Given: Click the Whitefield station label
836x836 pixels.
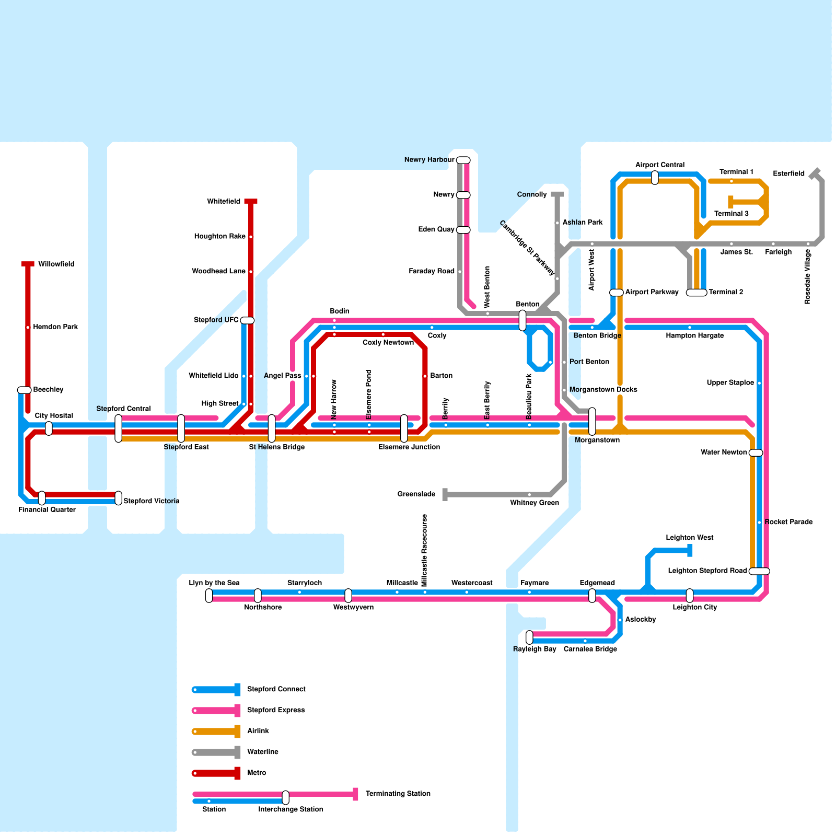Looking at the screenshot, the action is coord(223,202).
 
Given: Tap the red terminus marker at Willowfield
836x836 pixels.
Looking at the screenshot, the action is coord(28,264).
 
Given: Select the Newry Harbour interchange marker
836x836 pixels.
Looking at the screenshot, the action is coord(463,160).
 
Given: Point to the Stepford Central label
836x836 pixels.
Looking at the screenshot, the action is coord(123,409).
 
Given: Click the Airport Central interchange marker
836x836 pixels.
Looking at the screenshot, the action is coord(655,178).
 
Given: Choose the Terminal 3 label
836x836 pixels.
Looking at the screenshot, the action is coord(731,214).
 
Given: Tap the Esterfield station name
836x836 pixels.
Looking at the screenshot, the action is coord(788,173).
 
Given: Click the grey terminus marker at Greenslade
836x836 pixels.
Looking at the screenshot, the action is coord(445,494).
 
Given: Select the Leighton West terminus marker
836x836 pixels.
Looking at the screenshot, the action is coord(690,550).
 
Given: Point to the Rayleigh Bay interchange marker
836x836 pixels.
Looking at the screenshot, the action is coord(529,637).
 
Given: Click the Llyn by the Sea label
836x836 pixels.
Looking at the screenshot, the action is coord(214,583).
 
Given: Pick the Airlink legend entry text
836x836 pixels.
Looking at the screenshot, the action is coord(258,731).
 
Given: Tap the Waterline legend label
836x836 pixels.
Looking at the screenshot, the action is coord(262,752).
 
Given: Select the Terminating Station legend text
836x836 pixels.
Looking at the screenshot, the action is coord(398,794).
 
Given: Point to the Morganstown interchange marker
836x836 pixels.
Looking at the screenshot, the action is coord(592,421).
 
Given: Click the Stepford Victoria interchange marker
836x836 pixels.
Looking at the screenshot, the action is coord(119,498).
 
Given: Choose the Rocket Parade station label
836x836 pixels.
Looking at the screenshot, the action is coord(788,522).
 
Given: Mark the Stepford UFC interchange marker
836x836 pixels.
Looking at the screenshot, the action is coord(247,320).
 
